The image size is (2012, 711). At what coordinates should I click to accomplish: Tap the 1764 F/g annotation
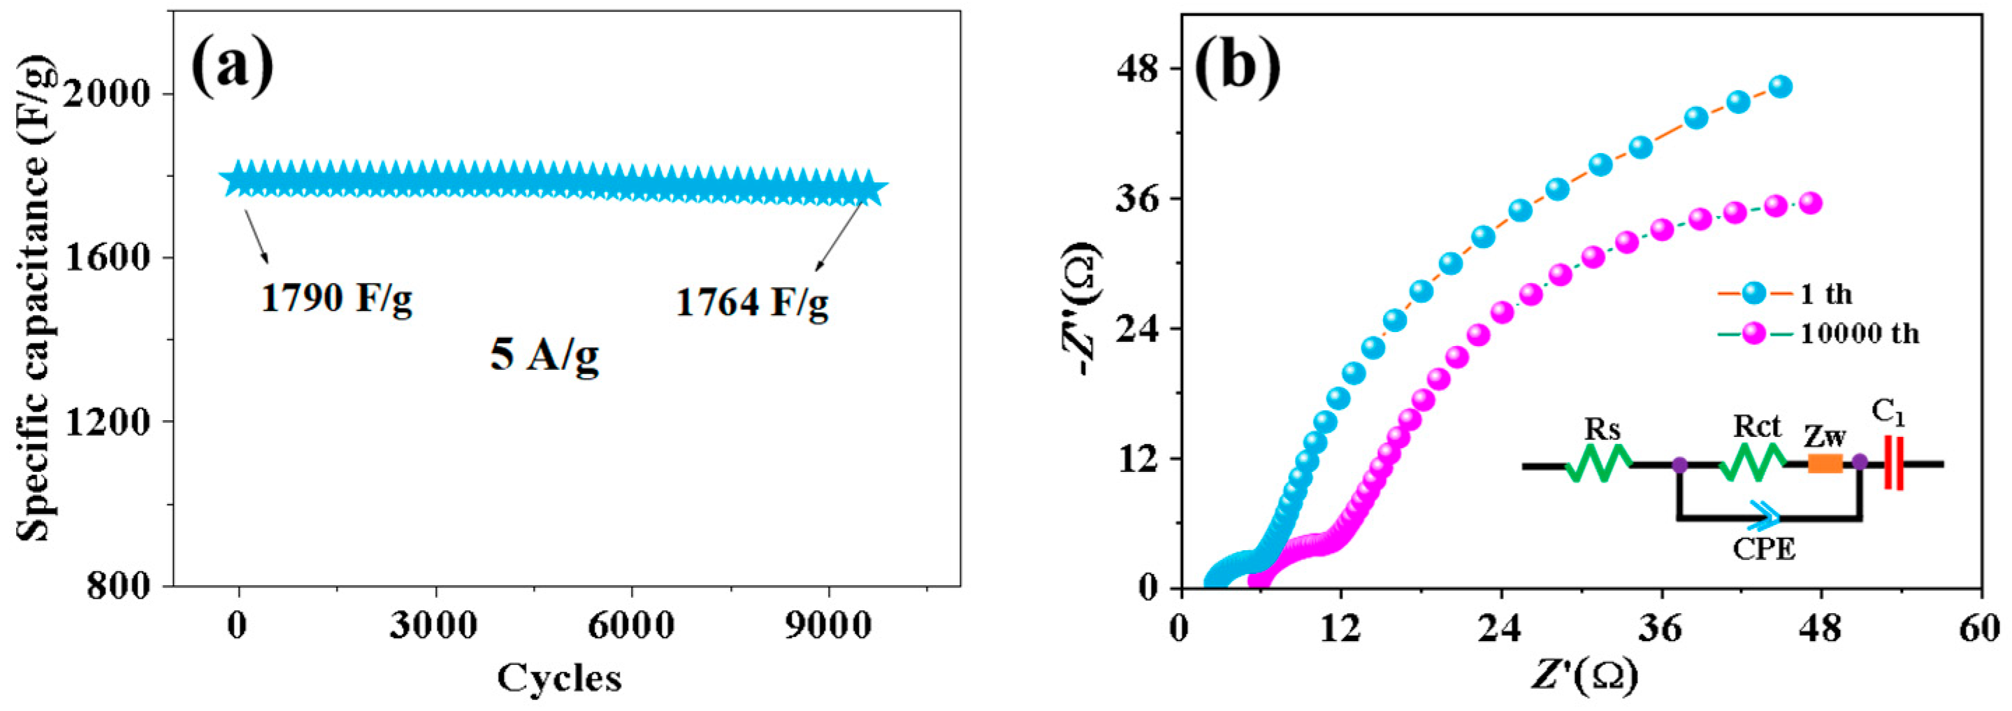point(751,303)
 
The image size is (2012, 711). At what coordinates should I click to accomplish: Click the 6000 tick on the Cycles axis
point(631,626)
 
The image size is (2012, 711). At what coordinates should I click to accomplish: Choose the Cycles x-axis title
point(559,677)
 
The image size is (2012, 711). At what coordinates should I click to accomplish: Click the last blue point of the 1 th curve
point(1780,87)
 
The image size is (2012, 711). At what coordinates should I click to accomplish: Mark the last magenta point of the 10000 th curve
point(1811,203)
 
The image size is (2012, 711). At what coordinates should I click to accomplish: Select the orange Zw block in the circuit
point(1825,464)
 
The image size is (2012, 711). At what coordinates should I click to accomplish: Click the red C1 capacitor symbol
point(1893,464)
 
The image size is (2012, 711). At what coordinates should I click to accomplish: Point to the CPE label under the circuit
point(1765,550)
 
